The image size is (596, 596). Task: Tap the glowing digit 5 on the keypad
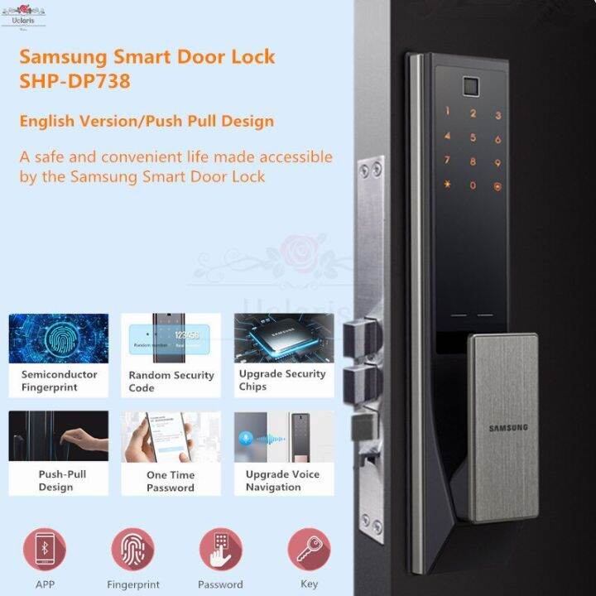point(473,138)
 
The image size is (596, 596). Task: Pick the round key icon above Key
point(309,549)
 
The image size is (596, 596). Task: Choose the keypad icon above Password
point(220,549)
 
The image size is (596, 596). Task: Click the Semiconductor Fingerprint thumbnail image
point(59,338)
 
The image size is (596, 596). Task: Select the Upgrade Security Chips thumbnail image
point(283,338)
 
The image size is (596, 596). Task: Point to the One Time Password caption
point(171,482)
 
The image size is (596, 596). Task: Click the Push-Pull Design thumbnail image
point(59,436)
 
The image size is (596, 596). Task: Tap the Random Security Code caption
point(171,382)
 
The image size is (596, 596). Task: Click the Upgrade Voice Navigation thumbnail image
point(283,436)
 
